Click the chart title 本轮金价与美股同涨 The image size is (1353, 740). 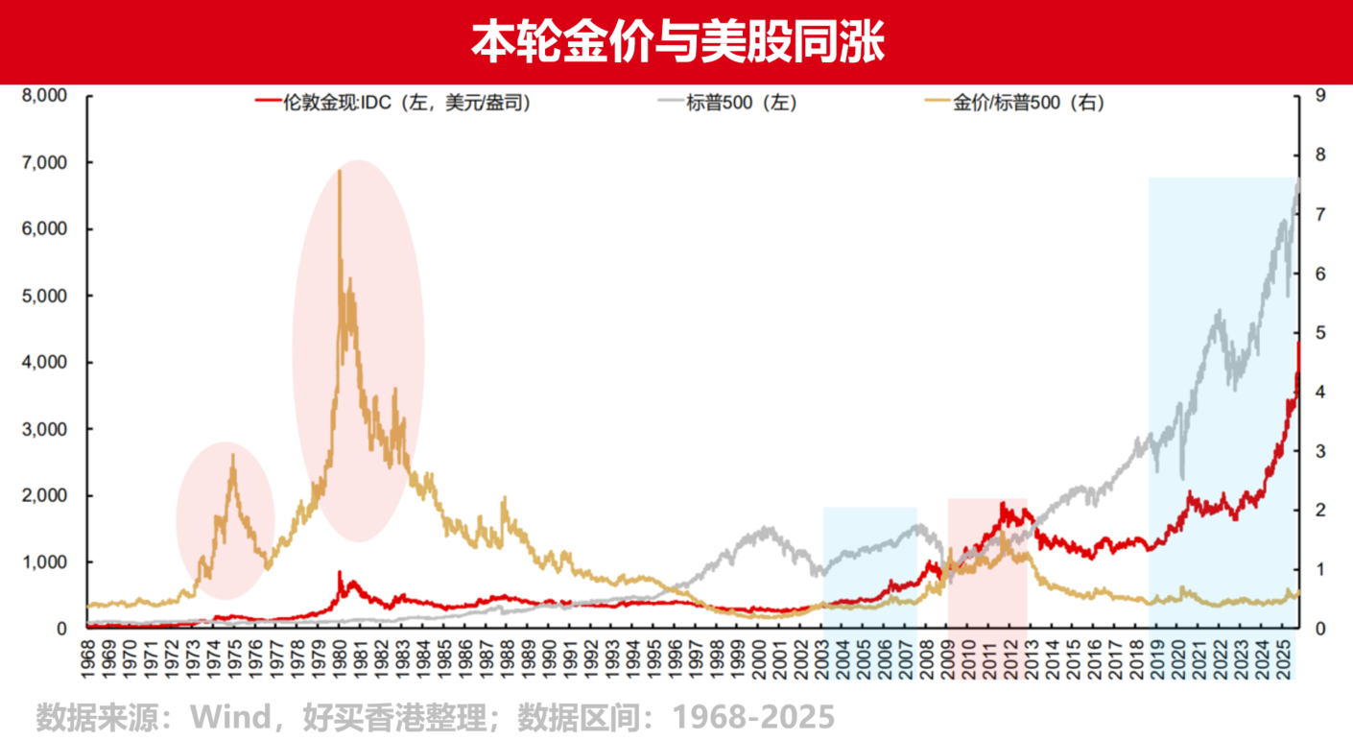coord(676,41)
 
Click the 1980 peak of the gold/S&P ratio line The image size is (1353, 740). coord(340,171)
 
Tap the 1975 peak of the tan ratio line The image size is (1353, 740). coord(233,455)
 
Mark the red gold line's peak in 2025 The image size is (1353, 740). coord(1298,343)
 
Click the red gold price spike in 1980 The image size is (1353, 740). coord(340,572)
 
